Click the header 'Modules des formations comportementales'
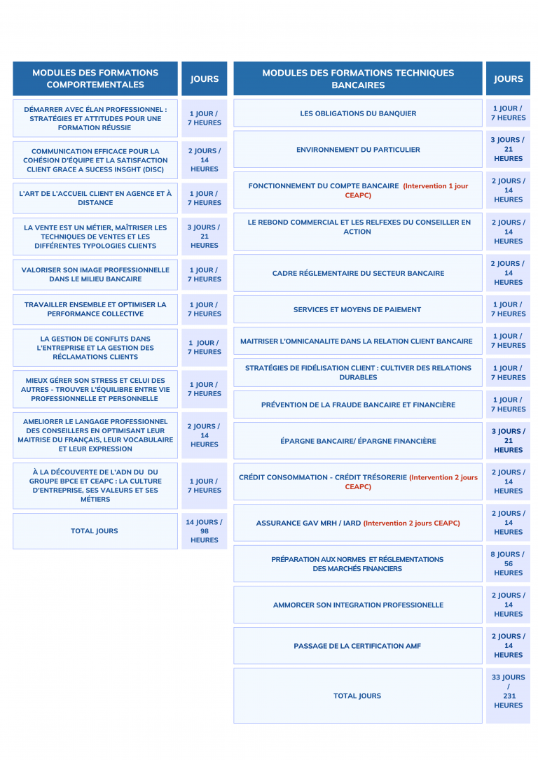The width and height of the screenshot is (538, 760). (x=95, y=78)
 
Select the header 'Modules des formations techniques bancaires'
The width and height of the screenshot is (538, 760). (x=357, y=78)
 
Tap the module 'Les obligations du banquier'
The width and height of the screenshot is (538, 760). (x=358, y=113)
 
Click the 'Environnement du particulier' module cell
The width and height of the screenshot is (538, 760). (x=358, y=150)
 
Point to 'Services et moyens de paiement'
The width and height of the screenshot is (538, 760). (x=357, y=309)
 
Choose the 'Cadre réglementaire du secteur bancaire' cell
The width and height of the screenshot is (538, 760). (x=357, y=273)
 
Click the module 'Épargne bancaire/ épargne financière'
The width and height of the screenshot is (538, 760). (x=357, y=441)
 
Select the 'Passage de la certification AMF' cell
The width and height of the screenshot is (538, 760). (x=357, y=646)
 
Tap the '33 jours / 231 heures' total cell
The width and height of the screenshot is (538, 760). (x=508, y=691)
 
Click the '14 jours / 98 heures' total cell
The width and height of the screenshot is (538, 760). (x=204, y=531)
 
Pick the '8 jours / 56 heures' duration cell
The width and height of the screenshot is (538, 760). (x=508, y=563)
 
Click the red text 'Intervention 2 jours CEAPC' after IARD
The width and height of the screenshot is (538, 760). (x=412, y=523)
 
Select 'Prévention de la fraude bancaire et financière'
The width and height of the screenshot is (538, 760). (x=357, y=405)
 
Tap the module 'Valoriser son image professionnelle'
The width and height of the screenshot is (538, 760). (x=95, y=274)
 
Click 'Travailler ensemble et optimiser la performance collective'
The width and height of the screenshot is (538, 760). (x=95, y=309)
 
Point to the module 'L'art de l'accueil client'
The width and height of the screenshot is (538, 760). (x=95, y=198)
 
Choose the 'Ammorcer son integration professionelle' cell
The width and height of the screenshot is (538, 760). (x=357, y=605)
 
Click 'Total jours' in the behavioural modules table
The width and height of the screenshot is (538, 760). (x=95, y=531)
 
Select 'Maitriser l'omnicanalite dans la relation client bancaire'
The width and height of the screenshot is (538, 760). (x=356, y=342)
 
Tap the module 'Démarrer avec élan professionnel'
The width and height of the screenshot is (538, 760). (x=95, y=118)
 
